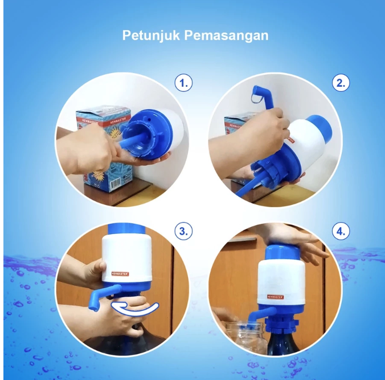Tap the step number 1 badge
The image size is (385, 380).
tap(183, 83)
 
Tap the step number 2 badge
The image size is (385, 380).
tap(341, 83)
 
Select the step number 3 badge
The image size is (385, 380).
tap(183, 232)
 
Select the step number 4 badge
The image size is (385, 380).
tap(341, 232)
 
